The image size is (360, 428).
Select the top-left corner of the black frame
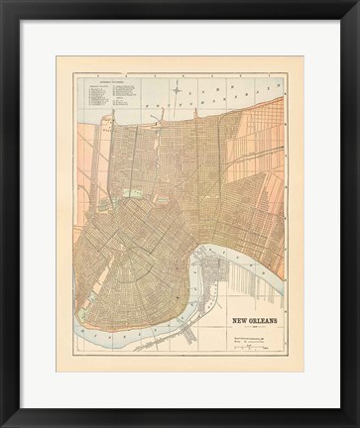tap(5, 5)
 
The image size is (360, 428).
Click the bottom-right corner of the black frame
tap(355, 423)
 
